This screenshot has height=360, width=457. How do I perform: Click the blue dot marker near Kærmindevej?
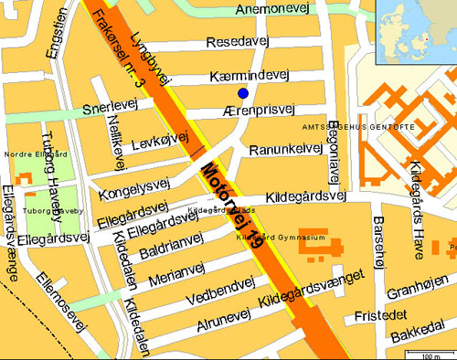[243, 93]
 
